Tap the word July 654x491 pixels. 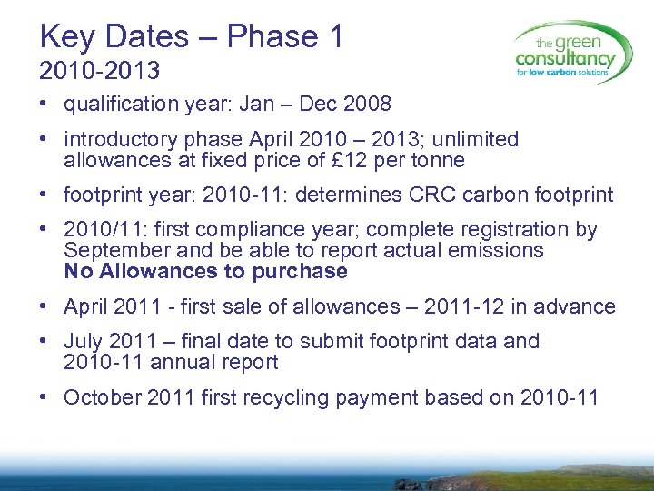point(84,342)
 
